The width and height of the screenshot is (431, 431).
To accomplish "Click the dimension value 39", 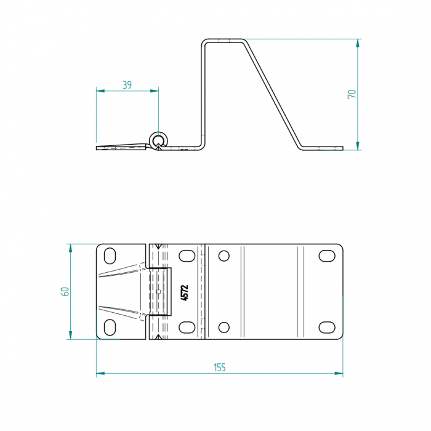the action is tap(127, 85).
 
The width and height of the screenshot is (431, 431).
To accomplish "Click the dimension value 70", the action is tap(352, 94).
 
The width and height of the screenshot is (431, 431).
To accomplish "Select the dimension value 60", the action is tap(65, 291).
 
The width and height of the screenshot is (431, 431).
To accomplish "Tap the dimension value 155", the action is tap(220, 368).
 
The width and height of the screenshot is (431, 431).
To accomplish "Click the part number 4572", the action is tap(185, 292).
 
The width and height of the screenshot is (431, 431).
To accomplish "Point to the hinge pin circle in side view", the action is tap(158, 141).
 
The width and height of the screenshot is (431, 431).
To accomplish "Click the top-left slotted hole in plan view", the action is tap(110, 256).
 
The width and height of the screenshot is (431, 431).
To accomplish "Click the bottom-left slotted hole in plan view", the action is tap(110, 328).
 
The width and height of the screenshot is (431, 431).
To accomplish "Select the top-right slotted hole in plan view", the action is tap(327, 256).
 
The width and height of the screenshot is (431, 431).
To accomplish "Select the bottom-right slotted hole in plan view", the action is tap(327, 328).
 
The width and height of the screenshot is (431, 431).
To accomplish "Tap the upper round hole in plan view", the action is tap(224, 256).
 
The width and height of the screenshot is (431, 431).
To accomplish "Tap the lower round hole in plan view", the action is tap(224, 328).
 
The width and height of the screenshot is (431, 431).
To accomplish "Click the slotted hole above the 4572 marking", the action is tap(187, 256).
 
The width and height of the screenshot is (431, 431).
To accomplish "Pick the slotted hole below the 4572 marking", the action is tap(187, 328).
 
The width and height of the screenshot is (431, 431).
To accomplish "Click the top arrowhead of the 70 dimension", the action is tap(358, 43).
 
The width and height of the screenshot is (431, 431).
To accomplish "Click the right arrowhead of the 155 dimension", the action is tap(339, 373).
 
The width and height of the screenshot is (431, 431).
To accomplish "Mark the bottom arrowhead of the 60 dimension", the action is tap(70, 335).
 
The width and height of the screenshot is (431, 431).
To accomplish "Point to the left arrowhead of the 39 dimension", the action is tap(100, 91).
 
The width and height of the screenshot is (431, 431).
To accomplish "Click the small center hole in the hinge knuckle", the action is tap(158, 291).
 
